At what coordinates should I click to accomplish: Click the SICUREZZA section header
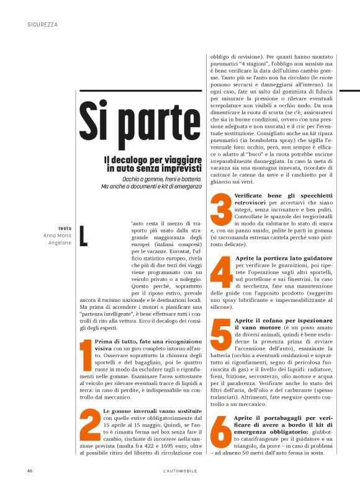click(43, 25)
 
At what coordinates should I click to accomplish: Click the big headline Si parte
click(140, 126)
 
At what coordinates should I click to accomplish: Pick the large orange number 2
click(90, 432)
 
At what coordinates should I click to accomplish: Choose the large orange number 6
click(221, 434)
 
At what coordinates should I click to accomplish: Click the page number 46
click(30, 471)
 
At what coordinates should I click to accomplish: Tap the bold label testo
click(65, 228)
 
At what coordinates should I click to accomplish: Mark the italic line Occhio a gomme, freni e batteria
click(162, 179)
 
